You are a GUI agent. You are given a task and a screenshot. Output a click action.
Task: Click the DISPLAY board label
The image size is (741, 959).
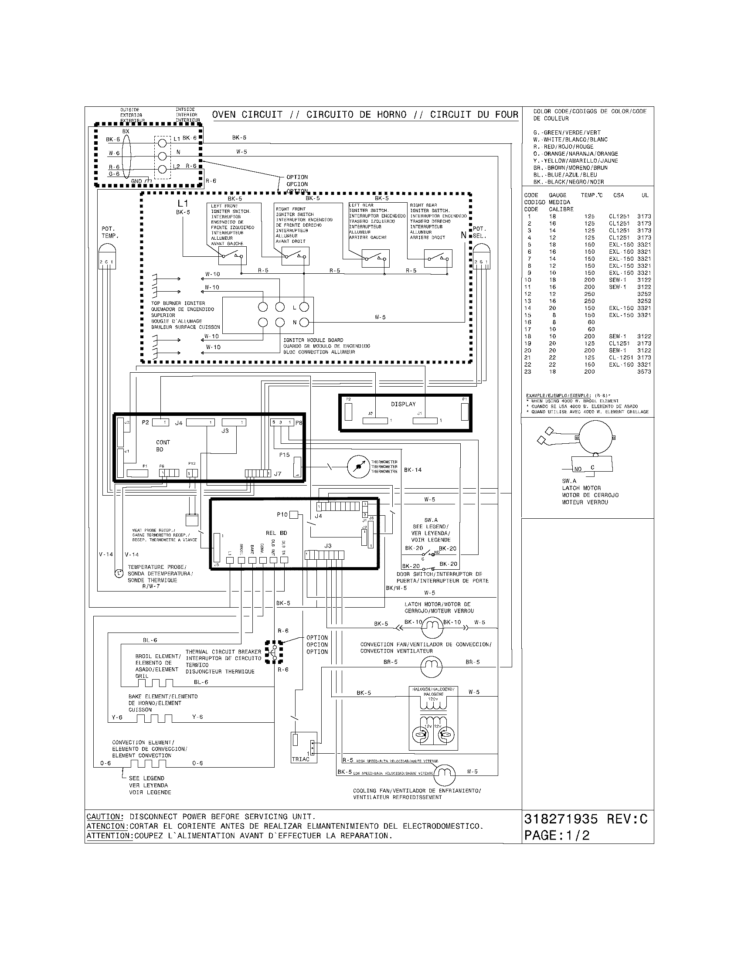[x=403, y=404]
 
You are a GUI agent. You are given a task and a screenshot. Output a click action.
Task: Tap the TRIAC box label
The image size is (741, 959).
[x=300, y=759]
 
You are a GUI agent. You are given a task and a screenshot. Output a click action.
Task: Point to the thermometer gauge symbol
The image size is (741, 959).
[x=359, y=467]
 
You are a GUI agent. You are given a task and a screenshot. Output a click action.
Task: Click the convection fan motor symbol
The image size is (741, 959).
[x=433, y=668]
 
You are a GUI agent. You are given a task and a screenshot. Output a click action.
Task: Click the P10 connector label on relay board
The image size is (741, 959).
[x=282, y=515]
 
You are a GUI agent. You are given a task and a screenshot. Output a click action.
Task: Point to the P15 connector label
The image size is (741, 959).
[x=284, y=455]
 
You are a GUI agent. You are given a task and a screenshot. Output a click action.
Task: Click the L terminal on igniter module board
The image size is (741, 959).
[x=303, y=307]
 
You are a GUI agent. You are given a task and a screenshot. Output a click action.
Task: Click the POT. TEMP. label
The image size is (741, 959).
[x=110, y=232]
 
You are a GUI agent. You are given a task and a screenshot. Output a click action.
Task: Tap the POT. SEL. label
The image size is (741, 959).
[x=479, y=232]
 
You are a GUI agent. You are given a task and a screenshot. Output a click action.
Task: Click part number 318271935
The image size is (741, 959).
[x=561, y=820]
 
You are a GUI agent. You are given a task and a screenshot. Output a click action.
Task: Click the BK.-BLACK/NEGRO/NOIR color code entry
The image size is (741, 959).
[x=568, y=182]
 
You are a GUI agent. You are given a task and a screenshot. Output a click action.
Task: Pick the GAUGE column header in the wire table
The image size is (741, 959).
[x=557, y=195]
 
